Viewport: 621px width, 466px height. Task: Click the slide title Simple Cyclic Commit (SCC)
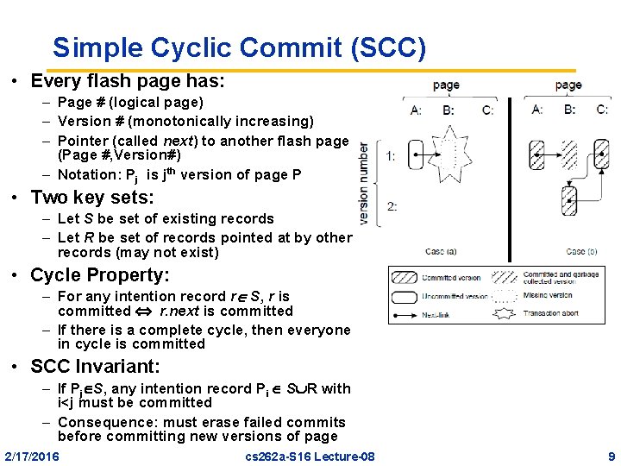coord(239,47)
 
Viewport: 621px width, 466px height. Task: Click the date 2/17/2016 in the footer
coord(32,456)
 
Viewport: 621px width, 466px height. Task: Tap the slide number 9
coord(611,456)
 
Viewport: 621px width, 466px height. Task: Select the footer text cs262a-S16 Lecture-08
coord(310,456)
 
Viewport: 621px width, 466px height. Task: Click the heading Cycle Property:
coord(100,275)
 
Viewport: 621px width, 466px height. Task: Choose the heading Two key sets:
coord(92,197)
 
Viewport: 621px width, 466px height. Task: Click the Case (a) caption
coord(440,252)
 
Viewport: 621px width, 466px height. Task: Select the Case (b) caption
coord(581,252)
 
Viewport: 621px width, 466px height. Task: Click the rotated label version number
coord(364,183)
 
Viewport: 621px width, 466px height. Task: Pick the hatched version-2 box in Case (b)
coord(569,203)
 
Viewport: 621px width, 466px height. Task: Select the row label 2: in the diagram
coord(392,205)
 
